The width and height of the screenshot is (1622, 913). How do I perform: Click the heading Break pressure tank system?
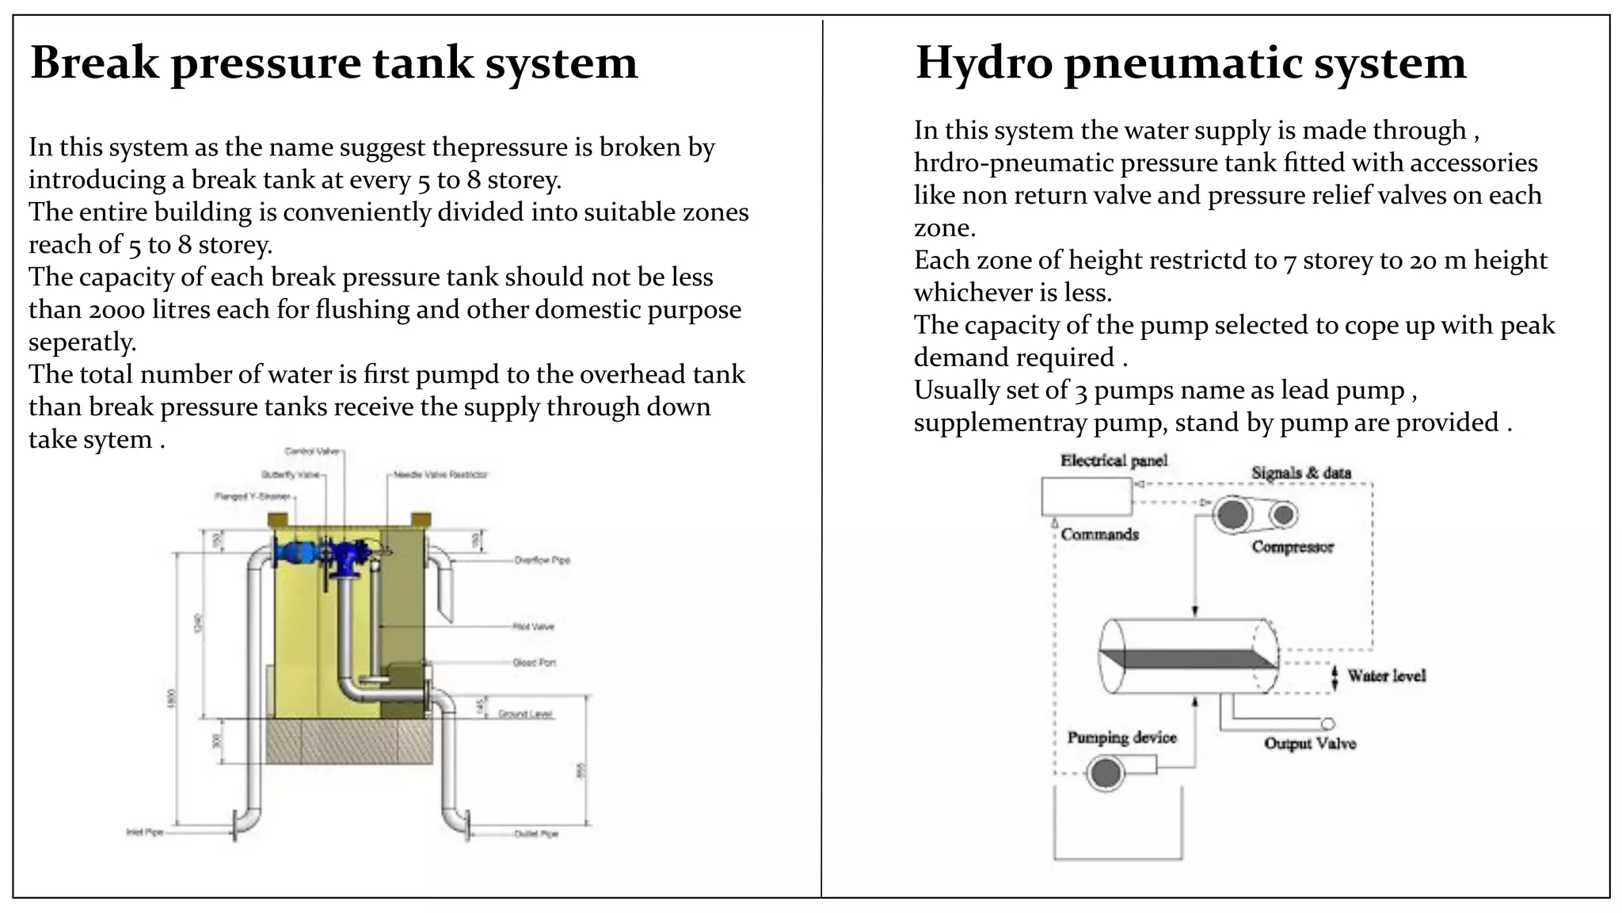tap(333, 63)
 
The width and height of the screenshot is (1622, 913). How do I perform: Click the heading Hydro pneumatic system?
tap(1190, 63)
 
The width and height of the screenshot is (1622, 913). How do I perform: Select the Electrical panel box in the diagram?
tap(1086, 497)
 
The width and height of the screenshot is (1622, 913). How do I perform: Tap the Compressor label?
tap(1293, 547)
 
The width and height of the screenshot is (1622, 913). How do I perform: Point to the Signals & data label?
tap(1301, 473)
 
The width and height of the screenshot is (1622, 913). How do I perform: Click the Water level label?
tap(1386, 676)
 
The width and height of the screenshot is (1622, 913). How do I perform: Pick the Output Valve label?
tap(1310, 743)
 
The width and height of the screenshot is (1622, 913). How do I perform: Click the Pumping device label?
tap(1121, 738)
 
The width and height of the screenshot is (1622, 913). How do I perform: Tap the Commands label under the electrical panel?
tap(1099, 535)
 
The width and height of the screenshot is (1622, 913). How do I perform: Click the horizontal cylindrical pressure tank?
tap(1188, 657)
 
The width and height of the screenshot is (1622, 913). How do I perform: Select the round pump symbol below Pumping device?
tap(1106, 772)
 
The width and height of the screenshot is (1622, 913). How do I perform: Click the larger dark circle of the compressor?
tap(1232, 515)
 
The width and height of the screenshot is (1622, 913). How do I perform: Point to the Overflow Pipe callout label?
tap(542, 560)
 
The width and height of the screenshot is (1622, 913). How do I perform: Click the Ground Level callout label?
tap(525, 714)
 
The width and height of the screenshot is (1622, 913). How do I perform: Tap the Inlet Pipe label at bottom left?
tap(145, 832)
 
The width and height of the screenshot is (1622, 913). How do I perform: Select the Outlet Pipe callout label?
tap(536, 834)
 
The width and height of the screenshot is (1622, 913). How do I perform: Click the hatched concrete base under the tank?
tap(348, 742)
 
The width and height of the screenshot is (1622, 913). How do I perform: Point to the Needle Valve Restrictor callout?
tap(441, 475)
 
